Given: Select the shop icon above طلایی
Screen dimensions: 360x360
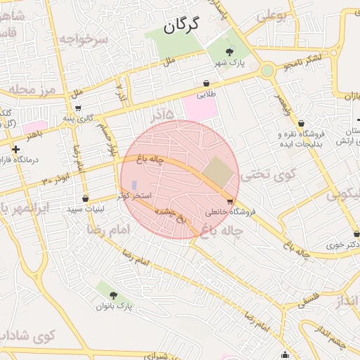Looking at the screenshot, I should tap(206, 83).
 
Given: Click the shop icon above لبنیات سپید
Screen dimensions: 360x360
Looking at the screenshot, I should tap(85, 199).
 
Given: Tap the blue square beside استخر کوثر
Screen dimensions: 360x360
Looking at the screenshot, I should tap(135, 185).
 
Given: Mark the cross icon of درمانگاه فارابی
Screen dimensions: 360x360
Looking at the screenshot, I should tap(15, 149).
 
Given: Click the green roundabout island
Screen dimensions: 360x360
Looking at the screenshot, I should tap(267, 70).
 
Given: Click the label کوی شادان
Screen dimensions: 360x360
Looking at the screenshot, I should tap(27, 335).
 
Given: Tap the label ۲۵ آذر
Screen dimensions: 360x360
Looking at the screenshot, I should tap(161, 114).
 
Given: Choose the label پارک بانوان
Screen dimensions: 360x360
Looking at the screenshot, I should tap(115, 307).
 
